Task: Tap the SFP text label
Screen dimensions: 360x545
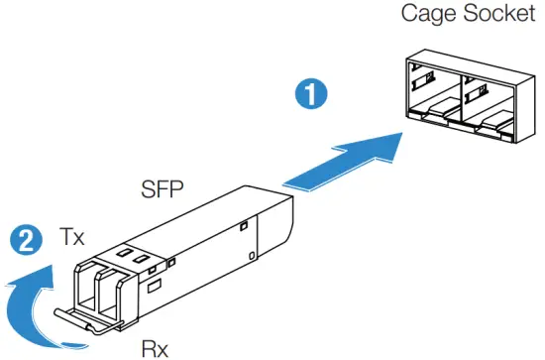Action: coord(161,188)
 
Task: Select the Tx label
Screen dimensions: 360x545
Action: coord(71,238)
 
